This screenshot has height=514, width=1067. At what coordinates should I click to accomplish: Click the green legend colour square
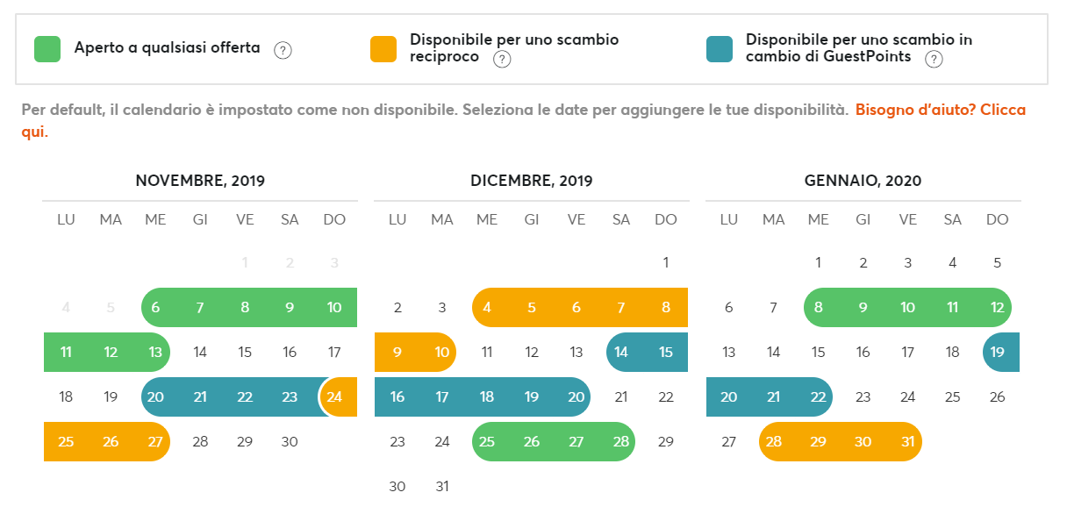pos(47,49)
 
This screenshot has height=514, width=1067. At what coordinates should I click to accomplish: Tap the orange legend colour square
pos(383,49)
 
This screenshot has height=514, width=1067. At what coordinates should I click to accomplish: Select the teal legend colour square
pos(720,49)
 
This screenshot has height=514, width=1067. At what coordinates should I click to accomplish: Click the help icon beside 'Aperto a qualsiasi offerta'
pos(283,50)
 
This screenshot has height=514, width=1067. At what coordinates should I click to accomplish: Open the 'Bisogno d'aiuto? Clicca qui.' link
pos(940,111)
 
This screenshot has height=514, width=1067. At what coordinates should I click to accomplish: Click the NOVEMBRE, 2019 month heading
pos(200,182)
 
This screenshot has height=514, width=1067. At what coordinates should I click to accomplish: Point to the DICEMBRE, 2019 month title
pos(532,182)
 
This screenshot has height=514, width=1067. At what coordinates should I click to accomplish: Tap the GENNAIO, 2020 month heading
pos(863,182)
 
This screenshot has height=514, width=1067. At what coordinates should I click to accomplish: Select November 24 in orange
pos(334,397)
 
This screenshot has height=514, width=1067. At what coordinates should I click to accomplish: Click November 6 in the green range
pos(155,308)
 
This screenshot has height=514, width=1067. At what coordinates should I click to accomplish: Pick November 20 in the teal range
pos(155,397)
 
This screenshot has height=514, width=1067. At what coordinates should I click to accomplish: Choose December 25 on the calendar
pos(487,442)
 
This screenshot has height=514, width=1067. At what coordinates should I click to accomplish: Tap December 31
pos(442,487)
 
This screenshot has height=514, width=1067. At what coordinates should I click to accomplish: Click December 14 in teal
pos(621,353)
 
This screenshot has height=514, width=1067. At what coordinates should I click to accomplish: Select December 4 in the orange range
pos(487,308)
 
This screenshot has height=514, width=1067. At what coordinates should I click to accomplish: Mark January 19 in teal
pos(998,353)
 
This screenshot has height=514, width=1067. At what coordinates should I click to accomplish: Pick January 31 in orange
pos(908,442)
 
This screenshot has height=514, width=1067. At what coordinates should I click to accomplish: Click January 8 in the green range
pos(819,308)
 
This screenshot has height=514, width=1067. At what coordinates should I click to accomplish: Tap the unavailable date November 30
pos(290,442)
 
